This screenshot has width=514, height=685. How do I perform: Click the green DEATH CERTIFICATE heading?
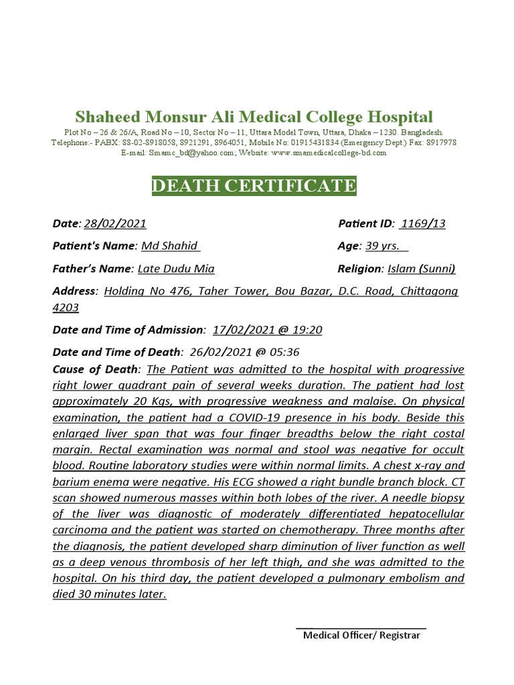(254, 185)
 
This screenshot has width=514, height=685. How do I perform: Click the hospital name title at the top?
(254, 116)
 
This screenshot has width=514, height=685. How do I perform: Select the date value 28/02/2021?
(115, 223)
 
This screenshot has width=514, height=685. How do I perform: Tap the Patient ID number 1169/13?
(422, 223)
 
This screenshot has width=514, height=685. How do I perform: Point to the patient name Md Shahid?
(170, 246)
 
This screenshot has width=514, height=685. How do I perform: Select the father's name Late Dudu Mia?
(176, 269)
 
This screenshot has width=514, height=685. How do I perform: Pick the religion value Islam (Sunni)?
(422, 269)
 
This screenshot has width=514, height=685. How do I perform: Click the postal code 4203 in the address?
(66, 308)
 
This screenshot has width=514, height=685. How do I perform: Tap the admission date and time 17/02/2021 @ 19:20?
(268, 330)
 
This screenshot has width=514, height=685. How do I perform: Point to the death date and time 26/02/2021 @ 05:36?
(244, 352)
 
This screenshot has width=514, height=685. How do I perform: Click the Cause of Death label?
(96, 369)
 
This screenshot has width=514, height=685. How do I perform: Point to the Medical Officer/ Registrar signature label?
(361, 635)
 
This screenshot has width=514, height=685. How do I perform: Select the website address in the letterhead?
(329, 153)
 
